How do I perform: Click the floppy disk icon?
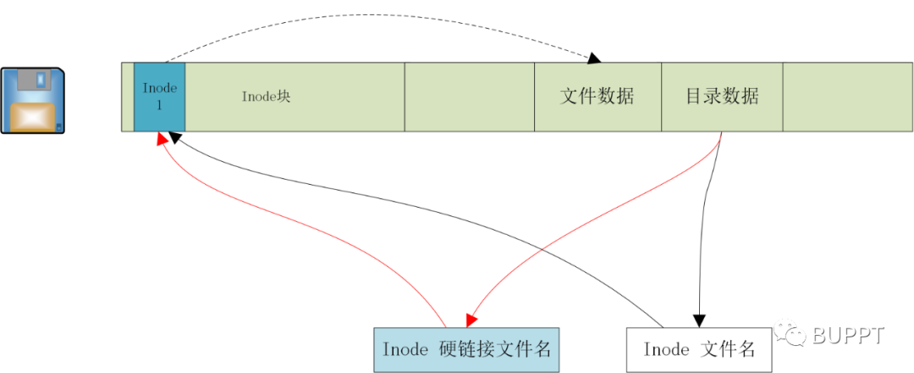pos(32,101)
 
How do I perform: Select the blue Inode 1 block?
pos(159,97)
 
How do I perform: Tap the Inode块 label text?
pos(266,97)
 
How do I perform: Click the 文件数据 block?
pos(597,97)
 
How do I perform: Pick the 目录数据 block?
pos(721,97)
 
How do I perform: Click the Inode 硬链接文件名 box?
pos(466,348)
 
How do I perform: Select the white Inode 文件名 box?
pos(698,348)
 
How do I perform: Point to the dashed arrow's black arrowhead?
pos(594,58)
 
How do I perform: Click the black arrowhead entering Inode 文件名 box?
pos(699,320)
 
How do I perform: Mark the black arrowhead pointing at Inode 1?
pos(173,136)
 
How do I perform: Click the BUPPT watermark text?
pos(848,336)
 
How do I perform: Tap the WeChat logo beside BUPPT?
pos(795,336)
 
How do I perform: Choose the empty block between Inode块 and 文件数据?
pos(469,97)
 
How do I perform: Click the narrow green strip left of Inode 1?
pos(128,97)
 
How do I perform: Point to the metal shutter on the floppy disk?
pos(36,82)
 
